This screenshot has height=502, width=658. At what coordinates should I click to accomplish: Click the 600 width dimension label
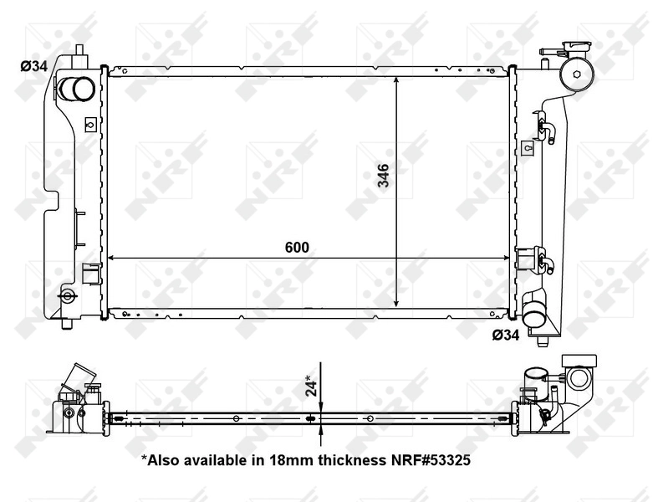[x=297, y=247]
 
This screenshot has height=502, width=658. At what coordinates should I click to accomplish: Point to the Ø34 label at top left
[x=34, y=66]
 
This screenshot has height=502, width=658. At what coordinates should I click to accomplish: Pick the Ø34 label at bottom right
[x=506, y=336]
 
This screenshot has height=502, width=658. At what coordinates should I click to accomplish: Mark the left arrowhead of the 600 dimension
[x=111, y=258]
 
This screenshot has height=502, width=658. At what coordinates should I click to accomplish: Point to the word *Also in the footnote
[x=161, y=459]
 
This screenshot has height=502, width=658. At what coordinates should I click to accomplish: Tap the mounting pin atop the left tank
[x=80, y=51]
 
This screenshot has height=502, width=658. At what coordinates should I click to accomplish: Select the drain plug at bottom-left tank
[x=67, y=295]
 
